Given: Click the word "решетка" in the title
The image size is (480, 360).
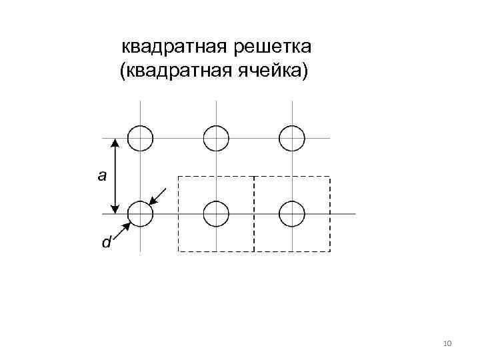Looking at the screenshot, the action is coord(271,47).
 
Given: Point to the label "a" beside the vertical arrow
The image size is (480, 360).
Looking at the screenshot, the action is coord(101,176).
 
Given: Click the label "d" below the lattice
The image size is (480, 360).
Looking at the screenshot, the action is coord(106,243).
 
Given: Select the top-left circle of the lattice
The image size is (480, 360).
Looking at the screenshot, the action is coord(140,138).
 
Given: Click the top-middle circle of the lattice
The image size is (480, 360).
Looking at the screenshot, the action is coord(216,138).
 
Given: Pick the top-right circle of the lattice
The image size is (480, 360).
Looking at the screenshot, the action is coord(292,138).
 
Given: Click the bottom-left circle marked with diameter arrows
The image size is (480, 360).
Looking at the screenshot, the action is coord(140,214).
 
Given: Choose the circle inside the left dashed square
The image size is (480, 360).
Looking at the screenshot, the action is coord(216,214).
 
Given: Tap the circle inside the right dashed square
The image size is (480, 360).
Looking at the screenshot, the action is coord(292,214).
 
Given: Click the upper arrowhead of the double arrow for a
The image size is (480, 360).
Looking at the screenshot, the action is coord(115,143).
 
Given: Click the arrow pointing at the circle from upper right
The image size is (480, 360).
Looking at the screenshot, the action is coord(159,197).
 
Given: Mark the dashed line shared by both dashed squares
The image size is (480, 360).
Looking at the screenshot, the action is coord(254,213).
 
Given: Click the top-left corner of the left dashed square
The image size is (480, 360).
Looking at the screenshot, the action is coord(178,176).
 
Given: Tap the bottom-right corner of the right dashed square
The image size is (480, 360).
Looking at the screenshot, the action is coord(330,251).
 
